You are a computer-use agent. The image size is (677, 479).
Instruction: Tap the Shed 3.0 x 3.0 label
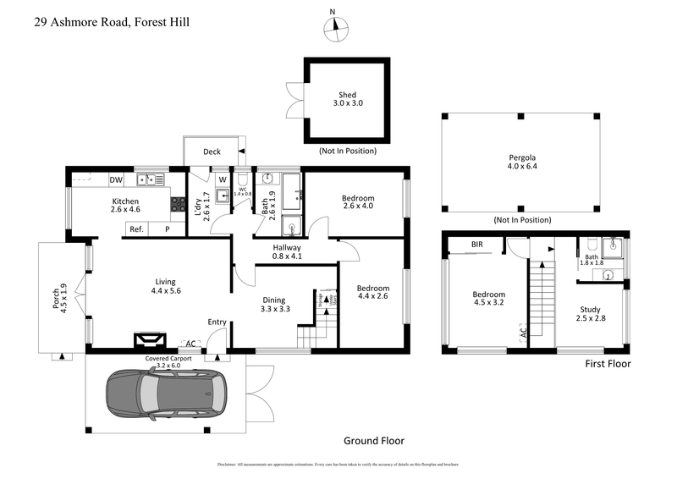click(x=347, y=98)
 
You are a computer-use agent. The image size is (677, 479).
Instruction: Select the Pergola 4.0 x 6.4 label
click(x=522, y=162)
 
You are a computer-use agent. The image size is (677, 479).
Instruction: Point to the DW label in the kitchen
click(x=116, y=179)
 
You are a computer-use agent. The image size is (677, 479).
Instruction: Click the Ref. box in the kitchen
click(x=135, y=228)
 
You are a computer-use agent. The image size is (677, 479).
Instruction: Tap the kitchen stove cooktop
click(x=179, y=204)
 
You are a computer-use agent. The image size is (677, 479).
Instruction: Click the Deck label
click(x=212, y=152)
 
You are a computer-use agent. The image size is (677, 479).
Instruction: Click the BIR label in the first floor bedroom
click(x=478, y=245)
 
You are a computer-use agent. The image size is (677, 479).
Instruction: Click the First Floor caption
click(x=608, y=364)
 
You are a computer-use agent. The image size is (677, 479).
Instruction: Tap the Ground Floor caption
click(x=373, y=441)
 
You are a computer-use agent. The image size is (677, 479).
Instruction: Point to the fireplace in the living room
click(x=152, y=340)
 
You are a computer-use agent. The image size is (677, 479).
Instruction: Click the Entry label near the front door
click(x=217, y=322)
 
